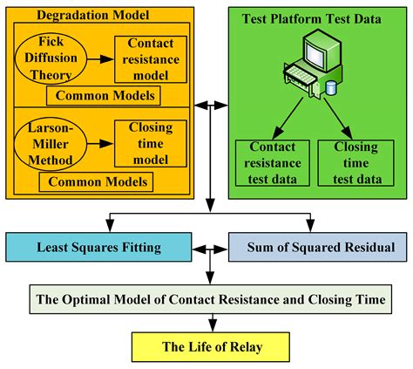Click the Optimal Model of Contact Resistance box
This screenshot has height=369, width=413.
coord(210,299)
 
